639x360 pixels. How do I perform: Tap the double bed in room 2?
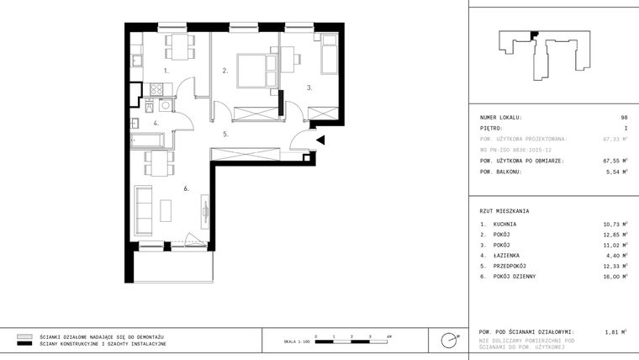point(252,68)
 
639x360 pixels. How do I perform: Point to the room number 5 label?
point(225,134)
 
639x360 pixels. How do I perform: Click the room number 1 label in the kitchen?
point(166,72)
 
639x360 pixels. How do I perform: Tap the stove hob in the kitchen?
point(156,89)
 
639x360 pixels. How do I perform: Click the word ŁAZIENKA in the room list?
point(507,255)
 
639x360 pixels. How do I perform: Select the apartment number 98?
point(624,118)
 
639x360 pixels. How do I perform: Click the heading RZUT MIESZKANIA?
point(504,211)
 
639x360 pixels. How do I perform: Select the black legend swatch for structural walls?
point(25,344)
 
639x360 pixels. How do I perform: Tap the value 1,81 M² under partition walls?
point(616,332)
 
